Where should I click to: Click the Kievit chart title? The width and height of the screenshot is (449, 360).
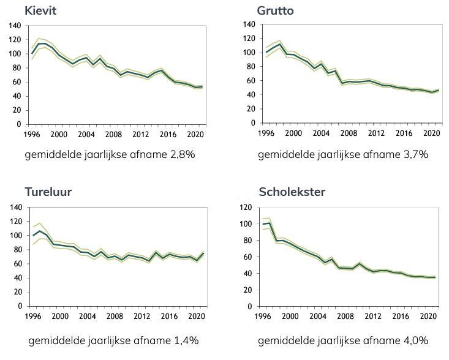(40, 10)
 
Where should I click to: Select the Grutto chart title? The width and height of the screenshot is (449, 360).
(275, 10)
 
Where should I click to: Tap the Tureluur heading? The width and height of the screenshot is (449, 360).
(48, 192)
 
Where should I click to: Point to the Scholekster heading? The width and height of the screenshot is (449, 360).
(292, 192)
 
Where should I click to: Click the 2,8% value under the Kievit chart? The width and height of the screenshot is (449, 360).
(181, 155)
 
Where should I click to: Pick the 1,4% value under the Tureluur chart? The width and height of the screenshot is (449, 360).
(185, 340)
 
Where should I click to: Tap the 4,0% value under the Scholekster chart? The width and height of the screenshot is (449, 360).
(414, 340)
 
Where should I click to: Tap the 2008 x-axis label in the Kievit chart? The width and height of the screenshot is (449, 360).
(111, 134)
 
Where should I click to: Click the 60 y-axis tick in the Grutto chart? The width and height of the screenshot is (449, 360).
(251, 81)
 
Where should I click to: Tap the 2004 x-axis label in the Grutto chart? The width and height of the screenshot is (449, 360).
(318, 132)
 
